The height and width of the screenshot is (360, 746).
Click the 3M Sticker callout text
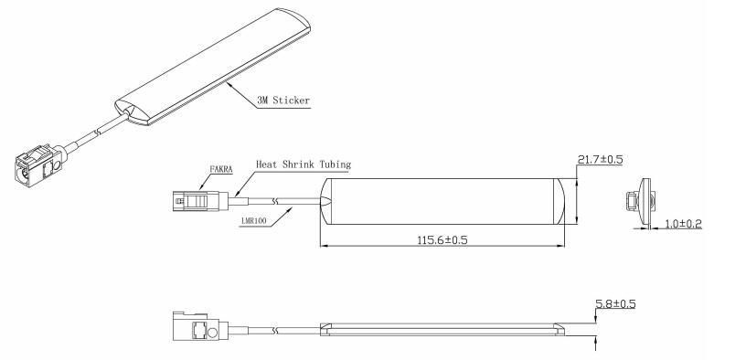pyautogui.click(x=283, y=101)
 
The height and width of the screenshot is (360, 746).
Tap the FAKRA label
pyautogui.click(x=221, y=169)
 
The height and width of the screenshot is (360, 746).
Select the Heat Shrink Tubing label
pyautogui.click(x=304, y=164)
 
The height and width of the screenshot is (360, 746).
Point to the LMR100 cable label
pyautogui.click(x=253, y=220)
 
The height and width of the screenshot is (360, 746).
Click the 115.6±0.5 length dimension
pyautogui.click(x=442, y=239)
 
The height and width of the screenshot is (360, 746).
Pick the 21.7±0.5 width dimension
pyautogui.click(x=600, y=159)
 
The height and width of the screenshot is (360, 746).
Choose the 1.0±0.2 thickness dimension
pyautogui.click(x=684, y=224)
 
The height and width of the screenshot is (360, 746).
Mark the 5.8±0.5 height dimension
pyautogui.click(x=615, y=303)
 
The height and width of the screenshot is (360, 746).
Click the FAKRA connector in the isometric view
pyautogui.click(x=39, y=165)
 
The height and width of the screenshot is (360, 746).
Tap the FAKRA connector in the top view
pyautogui.click(x=200, y=201)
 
